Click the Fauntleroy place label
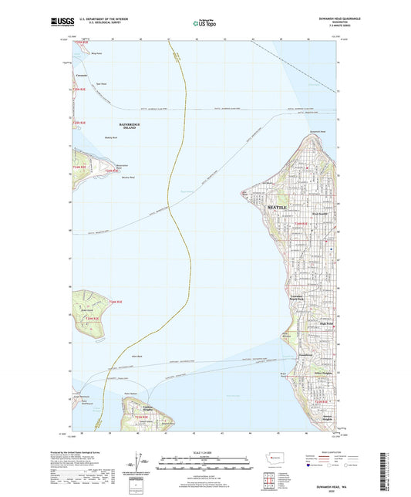(305, 354)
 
